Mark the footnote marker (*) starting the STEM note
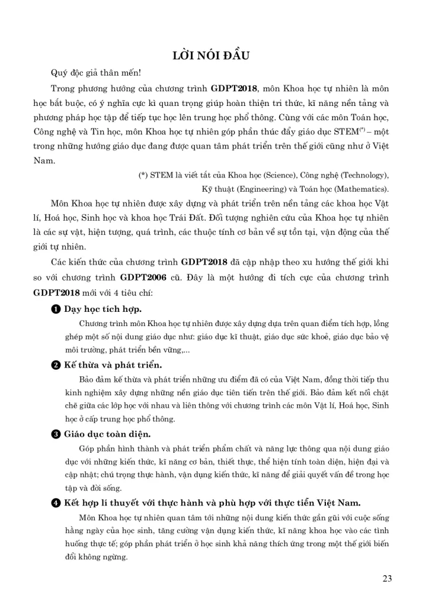143,175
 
